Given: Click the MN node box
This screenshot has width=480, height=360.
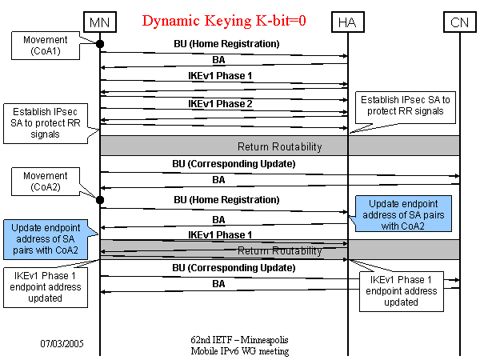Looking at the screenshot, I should (x=99, y=22).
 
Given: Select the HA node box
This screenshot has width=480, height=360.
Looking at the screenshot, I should (x=348, y=22).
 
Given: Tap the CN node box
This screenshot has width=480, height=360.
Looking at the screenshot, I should (x=459, y=22).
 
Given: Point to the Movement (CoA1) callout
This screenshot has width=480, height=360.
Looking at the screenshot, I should (x=46, y=44).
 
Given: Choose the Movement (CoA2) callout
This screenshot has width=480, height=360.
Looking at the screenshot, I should (x=46, y=181).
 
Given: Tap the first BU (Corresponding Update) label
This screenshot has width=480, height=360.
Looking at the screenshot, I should (x=223, y=163).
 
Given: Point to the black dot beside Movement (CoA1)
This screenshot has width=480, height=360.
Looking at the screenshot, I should (x=100, y=44).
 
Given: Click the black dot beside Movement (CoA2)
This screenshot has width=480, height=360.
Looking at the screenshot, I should (x=100, y=199).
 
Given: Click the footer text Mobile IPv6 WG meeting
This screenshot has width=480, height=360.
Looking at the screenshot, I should (x=239, y=351).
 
